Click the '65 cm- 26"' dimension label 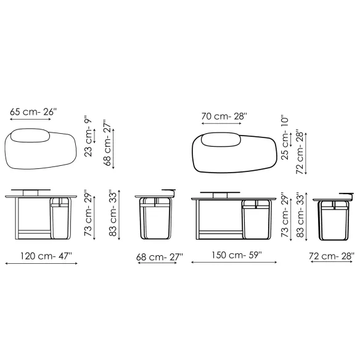pos(33,112)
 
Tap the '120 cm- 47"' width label pos(46,256)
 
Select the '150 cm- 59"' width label pos(236,255)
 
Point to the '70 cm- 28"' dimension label pos(224,117)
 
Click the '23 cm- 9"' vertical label pos(88,137)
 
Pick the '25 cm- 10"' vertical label pos(284,139)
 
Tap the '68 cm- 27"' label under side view pos(160,257)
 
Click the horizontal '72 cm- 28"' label pos(331,256)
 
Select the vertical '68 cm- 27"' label pos(107,142)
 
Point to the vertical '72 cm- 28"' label pos(300,153)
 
